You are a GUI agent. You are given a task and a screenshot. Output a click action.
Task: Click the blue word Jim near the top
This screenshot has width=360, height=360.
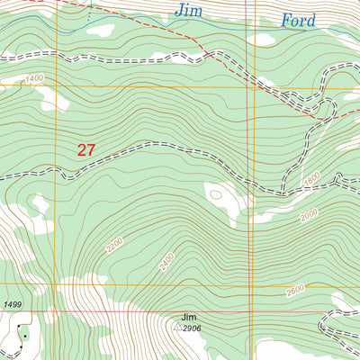(189, 12)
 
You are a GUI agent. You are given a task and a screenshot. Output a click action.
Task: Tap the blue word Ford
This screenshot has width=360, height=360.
(298, 20)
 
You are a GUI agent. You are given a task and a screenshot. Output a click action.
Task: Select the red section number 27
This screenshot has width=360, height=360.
(85, 150)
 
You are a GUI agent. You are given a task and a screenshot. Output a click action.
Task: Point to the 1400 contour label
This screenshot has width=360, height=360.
(34, 80)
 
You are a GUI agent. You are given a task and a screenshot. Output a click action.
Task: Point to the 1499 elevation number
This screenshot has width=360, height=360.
(12, 307)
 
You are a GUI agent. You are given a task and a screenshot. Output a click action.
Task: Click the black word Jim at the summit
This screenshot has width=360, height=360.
(188, 318)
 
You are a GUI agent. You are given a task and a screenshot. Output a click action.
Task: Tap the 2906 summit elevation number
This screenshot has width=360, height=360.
(192, 329)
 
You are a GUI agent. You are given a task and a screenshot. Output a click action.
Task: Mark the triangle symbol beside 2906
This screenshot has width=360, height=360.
(176, 329)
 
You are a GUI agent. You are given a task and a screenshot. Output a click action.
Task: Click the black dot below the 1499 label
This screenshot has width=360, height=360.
(25, 336)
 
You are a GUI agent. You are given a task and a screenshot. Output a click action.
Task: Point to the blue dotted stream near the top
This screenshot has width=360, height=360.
(89, 13)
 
